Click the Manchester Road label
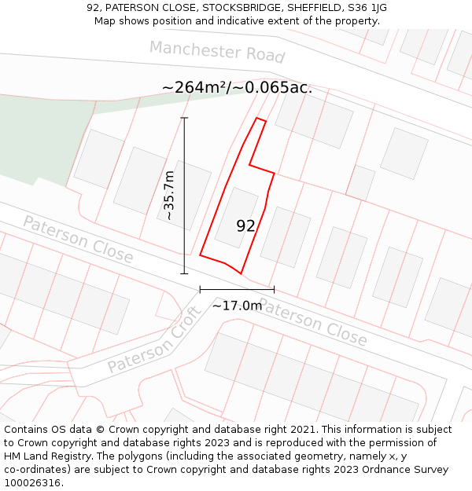click(217, 52)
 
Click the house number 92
click(245, 226)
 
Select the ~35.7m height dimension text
click(169, 196)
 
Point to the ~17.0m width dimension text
click(237, 306)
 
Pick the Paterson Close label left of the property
click(78, 239)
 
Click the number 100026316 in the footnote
click(34, 483)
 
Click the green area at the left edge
click(39, 137)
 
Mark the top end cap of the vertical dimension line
click(185, 118)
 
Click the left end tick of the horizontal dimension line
click(200, 289)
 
